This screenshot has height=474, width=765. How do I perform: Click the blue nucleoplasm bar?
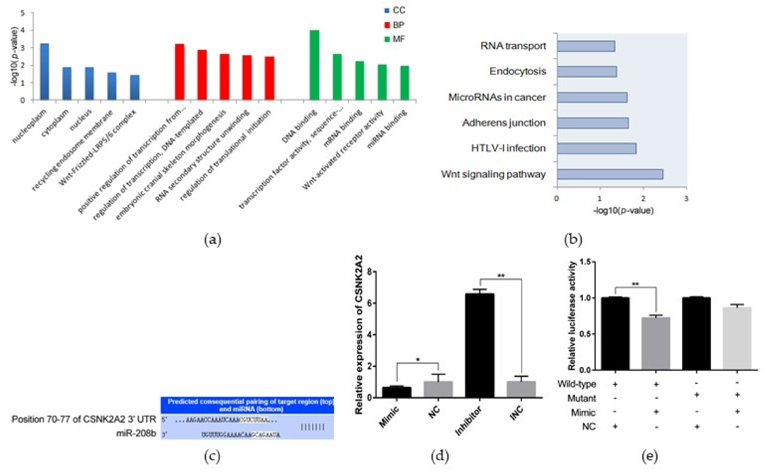45,72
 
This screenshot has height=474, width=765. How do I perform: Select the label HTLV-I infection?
508,148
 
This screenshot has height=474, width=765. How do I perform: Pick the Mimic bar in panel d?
397,392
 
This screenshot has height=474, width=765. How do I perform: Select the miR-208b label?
136,434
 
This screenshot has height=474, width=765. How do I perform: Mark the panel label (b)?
573,240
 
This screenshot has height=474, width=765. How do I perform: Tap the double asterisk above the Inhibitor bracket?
501,276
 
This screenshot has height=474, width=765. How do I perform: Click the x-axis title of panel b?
623,210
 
